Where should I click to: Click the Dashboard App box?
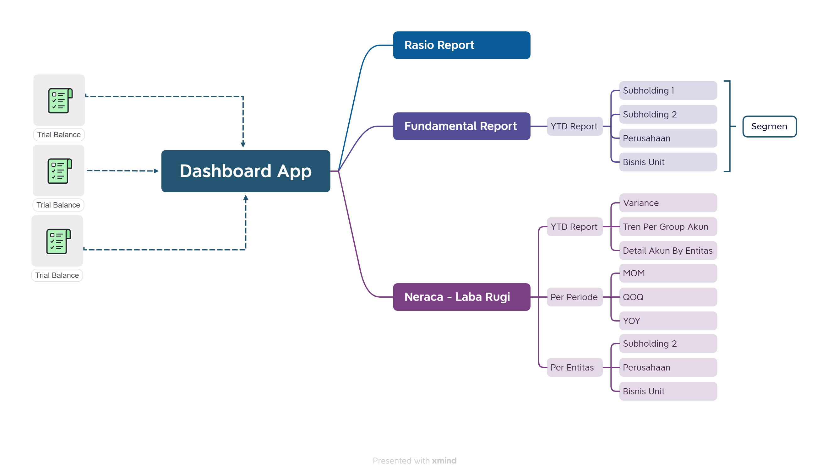tap(246, 171)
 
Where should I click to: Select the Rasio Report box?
tap(461, 45)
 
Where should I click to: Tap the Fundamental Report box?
tap(461, 126)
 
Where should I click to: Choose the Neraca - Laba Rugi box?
tap(461, 297)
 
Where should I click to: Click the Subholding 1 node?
tap(668, 90)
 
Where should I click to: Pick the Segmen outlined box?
tap(769, 127)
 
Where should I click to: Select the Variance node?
tap(668, 203)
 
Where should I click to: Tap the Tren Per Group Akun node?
tap(668, 227)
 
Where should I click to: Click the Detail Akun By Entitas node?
tap(668, 251)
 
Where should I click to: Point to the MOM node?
tap(668, 273)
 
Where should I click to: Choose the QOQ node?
tap(668, 297)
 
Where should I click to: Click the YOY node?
tap(668, 321)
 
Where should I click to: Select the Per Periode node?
tap(574, 297)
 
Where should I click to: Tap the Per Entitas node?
tap(574, 367)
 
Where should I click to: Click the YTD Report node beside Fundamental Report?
tap(574, 126)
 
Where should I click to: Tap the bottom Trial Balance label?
tap(57, 275)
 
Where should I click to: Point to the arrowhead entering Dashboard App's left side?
tap(156, 171)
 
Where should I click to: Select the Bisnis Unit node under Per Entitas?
tap(668, 391)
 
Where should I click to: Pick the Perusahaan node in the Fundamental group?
tap(668, 138)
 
